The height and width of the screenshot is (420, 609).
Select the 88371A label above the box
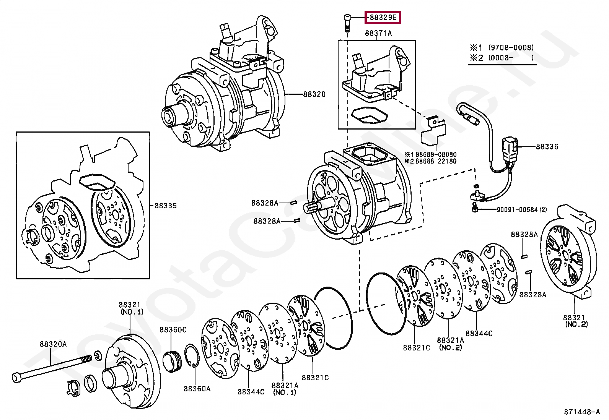pos(378,33)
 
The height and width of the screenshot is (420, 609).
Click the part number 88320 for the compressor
pos(314,94)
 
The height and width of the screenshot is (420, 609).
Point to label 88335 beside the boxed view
pos(165,206)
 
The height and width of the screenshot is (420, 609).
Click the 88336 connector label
pos(547,146)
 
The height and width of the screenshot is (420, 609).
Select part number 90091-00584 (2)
pos(521,209)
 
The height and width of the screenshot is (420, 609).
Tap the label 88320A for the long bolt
pos(53,344)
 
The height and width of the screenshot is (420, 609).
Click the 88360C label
pos(173,329)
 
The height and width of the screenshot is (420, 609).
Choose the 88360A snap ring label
pos(197,389)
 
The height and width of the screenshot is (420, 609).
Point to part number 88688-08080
pos(436,154)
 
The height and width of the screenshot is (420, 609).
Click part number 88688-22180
pos(436,161)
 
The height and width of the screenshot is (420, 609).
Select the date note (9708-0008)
pos(511,48)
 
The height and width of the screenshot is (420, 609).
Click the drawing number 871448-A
pos(582,412)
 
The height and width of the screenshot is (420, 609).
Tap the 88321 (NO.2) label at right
pos(576,321)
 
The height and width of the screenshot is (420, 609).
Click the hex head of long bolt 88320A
pos(17,378)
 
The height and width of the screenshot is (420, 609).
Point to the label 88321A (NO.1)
pos(285,389)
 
